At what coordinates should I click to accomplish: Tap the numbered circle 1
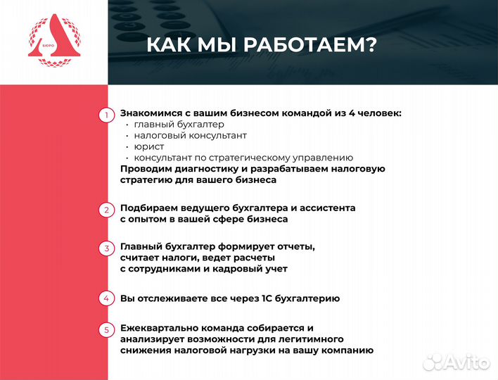pos(106,115)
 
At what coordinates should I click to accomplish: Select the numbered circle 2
pos(106,210)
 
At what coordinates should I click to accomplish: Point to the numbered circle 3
pos(106,248)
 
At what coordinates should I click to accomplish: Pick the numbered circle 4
pos(106,298)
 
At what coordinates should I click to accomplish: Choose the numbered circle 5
pos(106,329)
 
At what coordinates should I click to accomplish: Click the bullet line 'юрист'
pos(148,146)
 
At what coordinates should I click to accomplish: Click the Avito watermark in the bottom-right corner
pos(456,361)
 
